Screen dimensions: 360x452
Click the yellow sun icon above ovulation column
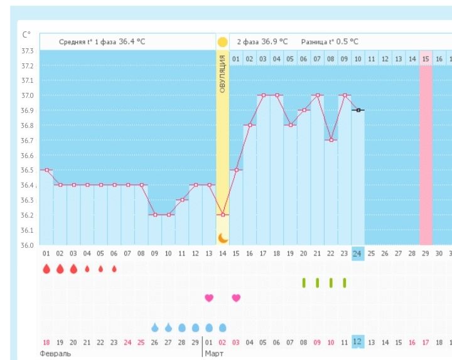pyautogui.click(x=222, y=43)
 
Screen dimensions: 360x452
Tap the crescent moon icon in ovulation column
pyautogui.click(x=222, y=238)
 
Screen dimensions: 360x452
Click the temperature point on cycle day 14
pyautogui.click(x=222, y=214)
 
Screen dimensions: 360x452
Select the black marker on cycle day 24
pyautogui.click(x=358, y=110)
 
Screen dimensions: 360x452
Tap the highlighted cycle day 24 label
pyautogui.click(x=357, y=253)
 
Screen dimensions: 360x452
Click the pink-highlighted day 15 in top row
pyautogui.click(x=426, y=59)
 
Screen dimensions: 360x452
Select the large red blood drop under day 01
pyautogui.click(x=46, y=269)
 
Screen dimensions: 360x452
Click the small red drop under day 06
pyautogui.click(x=114, y=269)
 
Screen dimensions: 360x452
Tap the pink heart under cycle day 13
pyautogui.click(x=209, y=298)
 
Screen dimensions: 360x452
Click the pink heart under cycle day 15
pyautogui.click(x=236, y=298)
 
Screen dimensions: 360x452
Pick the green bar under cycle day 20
pyautogui.click(x=304, y=283)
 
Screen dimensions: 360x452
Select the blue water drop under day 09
pyautogui.click(x=155, y=327)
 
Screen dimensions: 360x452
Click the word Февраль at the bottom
pyautogui.click(x=55, y=354)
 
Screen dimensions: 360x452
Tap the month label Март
pyautogui.click(x=215, y=354)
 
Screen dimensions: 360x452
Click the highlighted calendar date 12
pyautogui.click(x=357, y=342)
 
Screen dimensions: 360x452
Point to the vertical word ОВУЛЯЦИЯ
pyautogui.click(x=222, y=75)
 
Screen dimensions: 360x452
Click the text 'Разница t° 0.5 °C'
pyautogui.click(x=330, y=41)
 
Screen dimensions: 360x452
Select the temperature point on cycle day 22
pyautogui.click(x=331, y=140)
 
